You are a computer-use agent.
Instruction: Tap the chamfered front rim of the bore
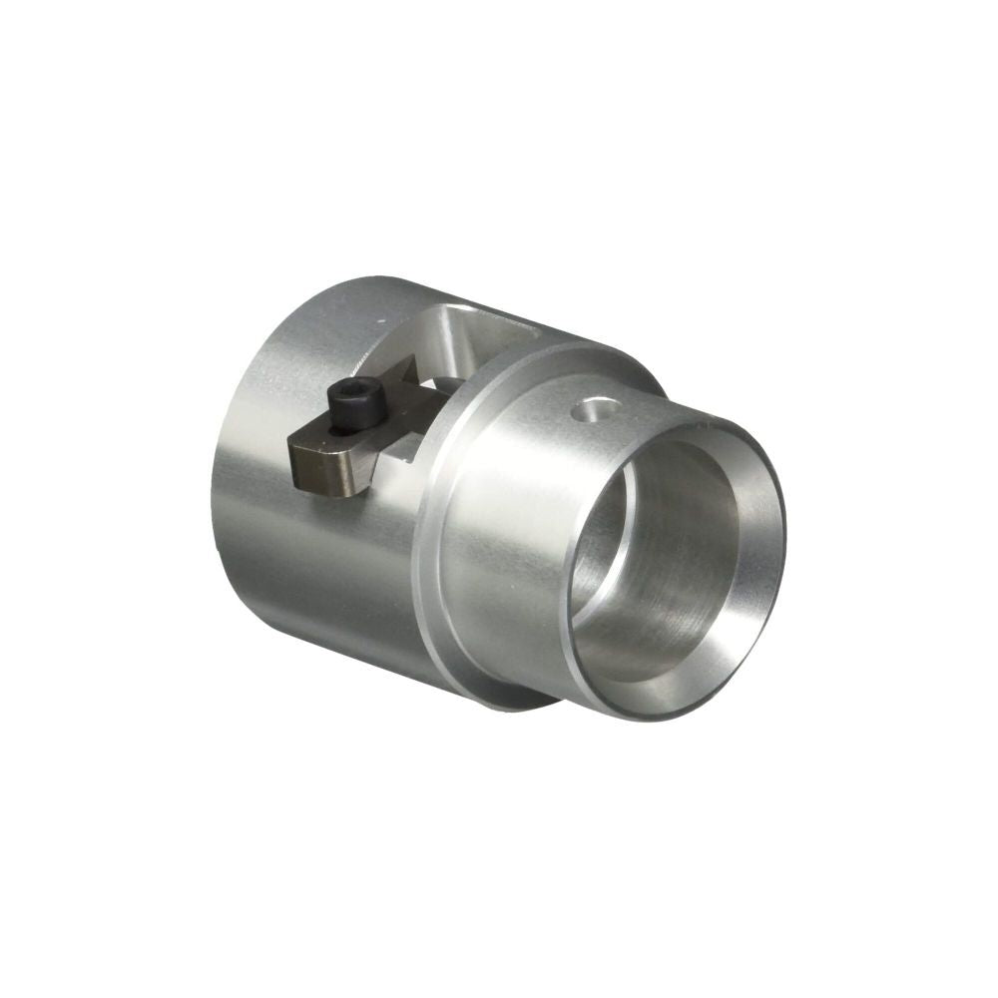(768, 499)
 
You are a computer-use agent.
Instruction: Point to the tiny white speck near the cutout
(380, 319)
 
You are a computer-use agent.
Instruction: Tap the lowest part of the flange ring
(519, 699)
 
